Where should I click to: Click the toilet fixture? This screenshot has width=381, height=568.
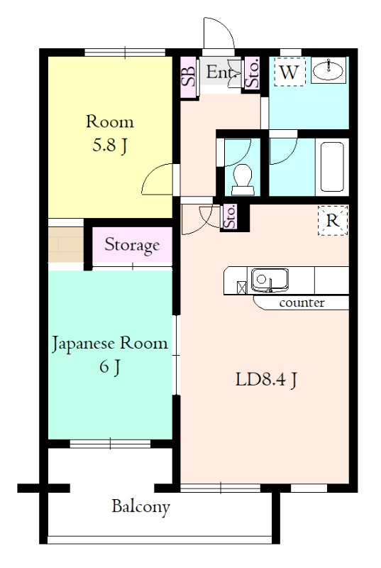click(242, 180)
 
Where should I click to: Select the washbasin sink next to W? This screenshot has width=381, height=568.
click(328, 70)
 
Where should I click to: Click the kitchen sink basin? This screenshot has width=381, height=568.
click(270, 280)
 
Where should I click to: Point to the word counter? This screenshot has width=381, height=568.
click(302, 302)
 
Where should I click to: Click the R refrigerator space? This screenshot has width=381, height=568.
click(333, 220)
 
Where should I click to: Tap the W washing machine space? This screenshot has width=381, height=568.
click(289, 72)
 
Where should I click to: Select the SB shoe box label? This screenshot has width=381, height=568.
click(189, 77)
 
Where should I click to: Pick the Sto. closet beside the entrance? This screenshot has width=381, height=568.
click(252, 73)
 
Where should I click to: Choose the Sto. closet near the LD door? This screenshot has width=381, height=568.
click(230, 217)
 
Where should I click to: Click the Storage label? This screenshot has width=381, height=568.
click(132, 245)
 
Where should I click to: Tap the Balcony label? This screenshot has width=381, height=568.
click(140, 506)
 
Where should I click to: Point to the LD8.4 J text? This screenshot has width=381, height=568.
click(267, 380)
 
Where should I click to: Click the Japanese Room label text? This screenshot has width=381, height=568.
click(110, 344)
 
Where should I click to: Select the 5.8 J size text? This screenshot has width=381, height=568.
click(110, 146)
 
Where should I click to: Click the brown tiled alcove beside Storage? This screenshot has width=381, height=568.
click(66, 244)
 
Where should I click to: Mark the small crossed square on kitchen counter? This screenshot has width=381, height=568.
click(241, 288)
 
